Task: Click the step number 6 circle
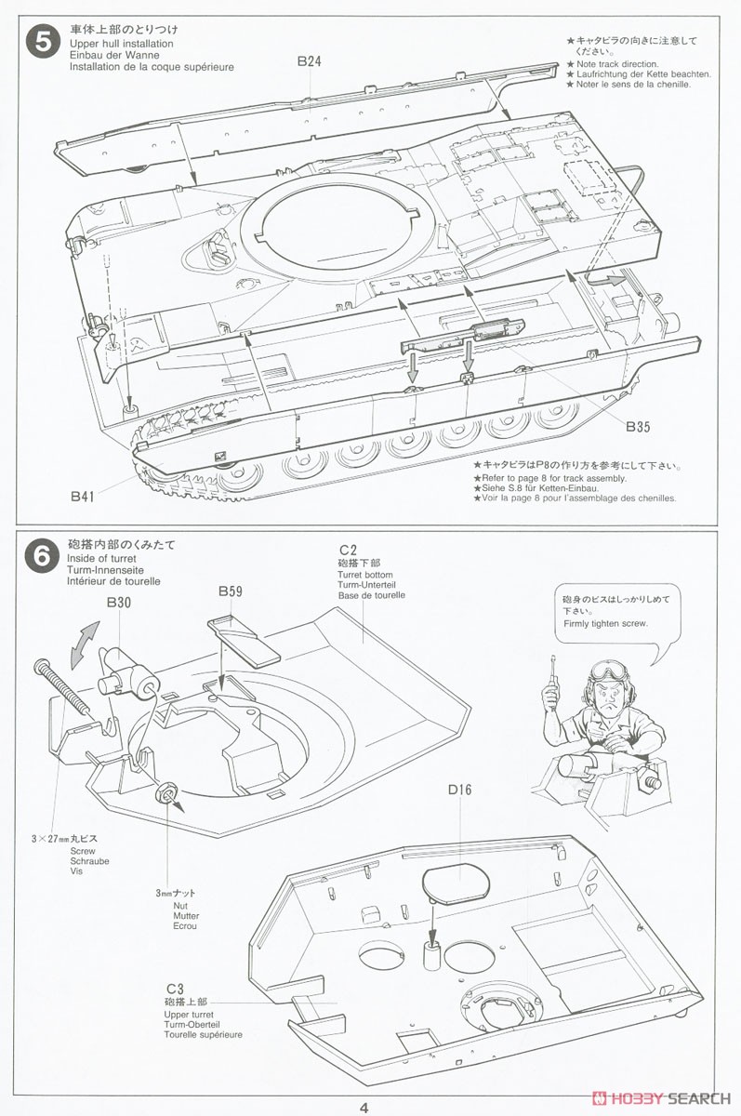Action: point(42,555)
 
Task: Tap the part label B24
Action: point(310,61)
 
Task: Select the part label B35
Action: point(638,427)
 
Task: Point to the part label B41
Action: point(83,497)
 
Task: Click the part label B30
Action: point(118,604)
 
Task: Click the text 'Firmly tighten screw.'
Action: point(605,624)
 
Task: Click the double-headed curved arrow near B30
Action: point(84,641)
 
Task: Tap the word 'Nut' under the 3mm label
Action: point(180,904)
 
